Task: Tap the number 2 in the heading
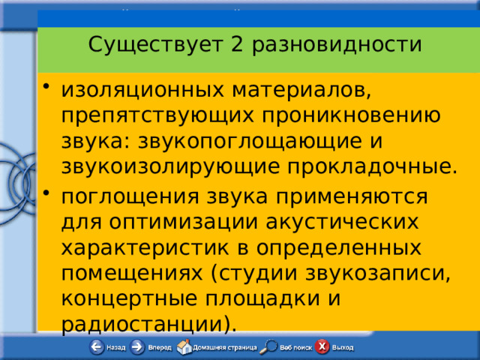(237, 46)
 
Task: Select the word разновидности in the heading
(337, 46)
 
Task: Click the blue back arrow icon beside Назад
(96, 347)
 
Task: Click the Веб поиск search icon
(269, 347)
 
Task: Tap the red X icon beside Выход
(322, 347)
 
